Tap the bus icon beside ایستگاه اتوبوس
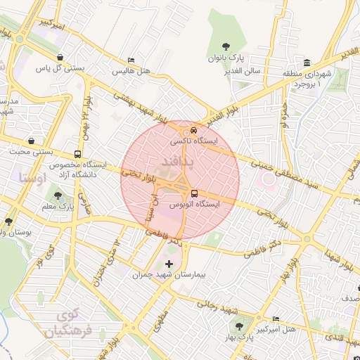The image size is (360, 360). (193, 193)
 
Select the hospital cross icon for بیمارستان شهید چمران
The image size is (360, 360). (168, 263)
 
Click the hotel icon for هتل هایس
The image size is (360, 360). (131, 61)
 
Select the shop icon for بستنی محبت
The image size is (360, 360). (31, 140)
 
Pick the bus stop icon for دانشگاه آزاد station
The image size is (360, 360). (77, 154)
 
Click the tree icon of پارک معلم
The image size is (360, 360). (58, 196)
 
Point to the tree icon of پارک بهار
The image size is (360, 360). (239, 326)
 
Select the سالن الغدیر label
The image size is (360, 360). (243, 71)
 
